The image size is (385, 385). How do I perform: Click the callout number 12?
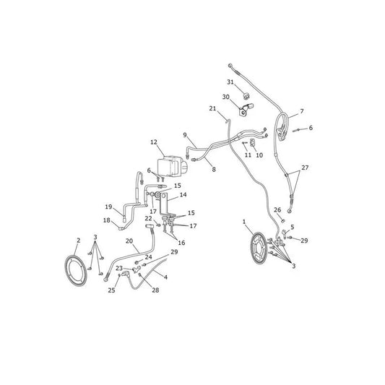pos(154,142)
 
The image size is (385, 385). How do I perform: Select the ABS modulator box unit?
pos(172,166)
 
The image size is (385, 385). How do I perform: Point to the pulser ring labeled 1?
pos(259,248)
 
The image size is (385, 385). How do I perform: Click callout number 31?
pos(230,82)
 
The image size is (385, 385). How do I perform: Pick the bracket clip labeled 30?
pos(246,110)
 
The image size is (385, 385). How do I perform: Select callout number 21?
pos(212,108)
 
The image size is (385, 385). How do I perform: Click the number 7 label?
pos(302,111)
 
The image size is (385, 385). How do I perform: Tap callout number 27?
pos(305,168)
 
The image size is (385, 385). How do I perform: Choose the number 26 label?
pos(277,210)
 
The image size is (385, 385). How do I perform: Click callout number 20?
pos(129,241)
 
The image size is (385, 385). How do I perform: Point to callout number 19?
pos(108,207)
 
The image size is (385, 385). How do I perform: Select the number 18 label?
pos(107,220)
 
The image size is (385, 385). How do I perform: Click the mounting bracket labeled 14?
pos(163,204)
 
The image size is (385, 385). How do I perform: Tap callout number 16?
pos(181,243)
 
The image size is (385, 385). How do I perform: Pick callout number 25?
pos(111,290)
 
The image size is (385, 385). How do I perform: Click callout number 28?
pos(155,290)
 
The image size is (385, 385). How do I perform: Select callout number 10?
pos(259,155)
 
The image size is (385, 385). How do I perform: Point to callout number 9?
pos(185,135)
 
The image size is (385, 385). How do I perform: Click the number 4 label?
pos(165,277)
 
